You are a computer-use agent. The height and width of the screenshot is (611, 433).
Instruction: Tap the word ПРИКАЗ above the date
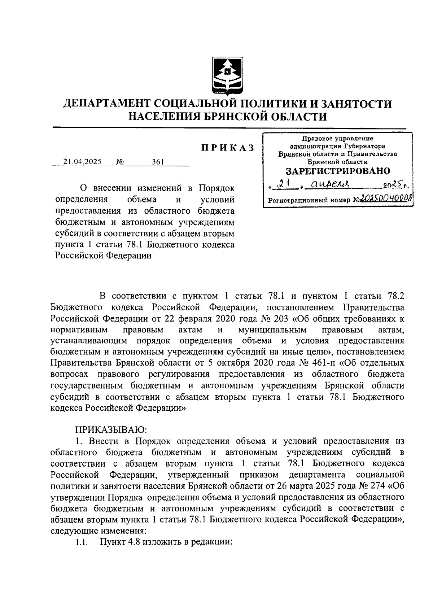point(227,148)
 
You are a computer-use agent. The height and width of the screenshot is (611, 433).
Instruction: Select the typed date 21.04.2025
point(82,162)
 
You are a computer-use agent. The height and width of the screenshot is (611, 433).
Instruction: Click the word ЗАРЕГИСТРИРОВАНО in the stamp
point(338,171)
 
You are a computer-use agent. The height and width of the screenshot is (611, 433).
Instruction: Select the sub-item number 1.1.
point(82,542)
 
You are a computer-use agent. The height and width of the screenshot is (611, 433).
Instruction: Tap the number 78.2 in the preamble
point(395,297)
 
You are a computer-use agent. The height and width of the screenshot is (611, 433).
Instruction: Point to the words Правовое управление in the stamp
point(338,138)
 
